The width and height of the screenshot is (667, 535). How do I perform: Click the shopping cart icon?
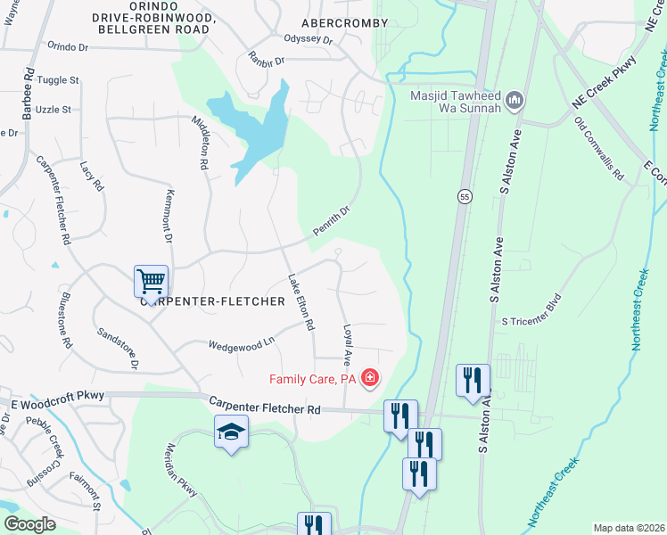click(x=151, y=282)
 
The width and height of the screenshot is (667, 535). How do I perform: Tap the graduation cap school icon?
click(x=231, y=432)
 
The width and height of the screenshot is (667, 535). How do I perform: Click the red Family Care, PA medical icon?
click(x=368, y=380)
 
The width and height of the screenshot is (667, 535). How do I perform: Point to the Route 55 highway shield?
click(x=465, y=196)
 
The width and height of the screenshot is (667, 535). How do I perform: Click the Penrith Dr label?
click(x=332, y=221)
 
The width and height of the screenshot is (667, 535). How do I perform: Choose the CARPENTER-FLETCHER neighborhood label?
click(x=212, y=301)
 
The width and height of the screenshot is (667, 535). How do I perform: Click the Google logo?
click(x=29, y=523)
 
